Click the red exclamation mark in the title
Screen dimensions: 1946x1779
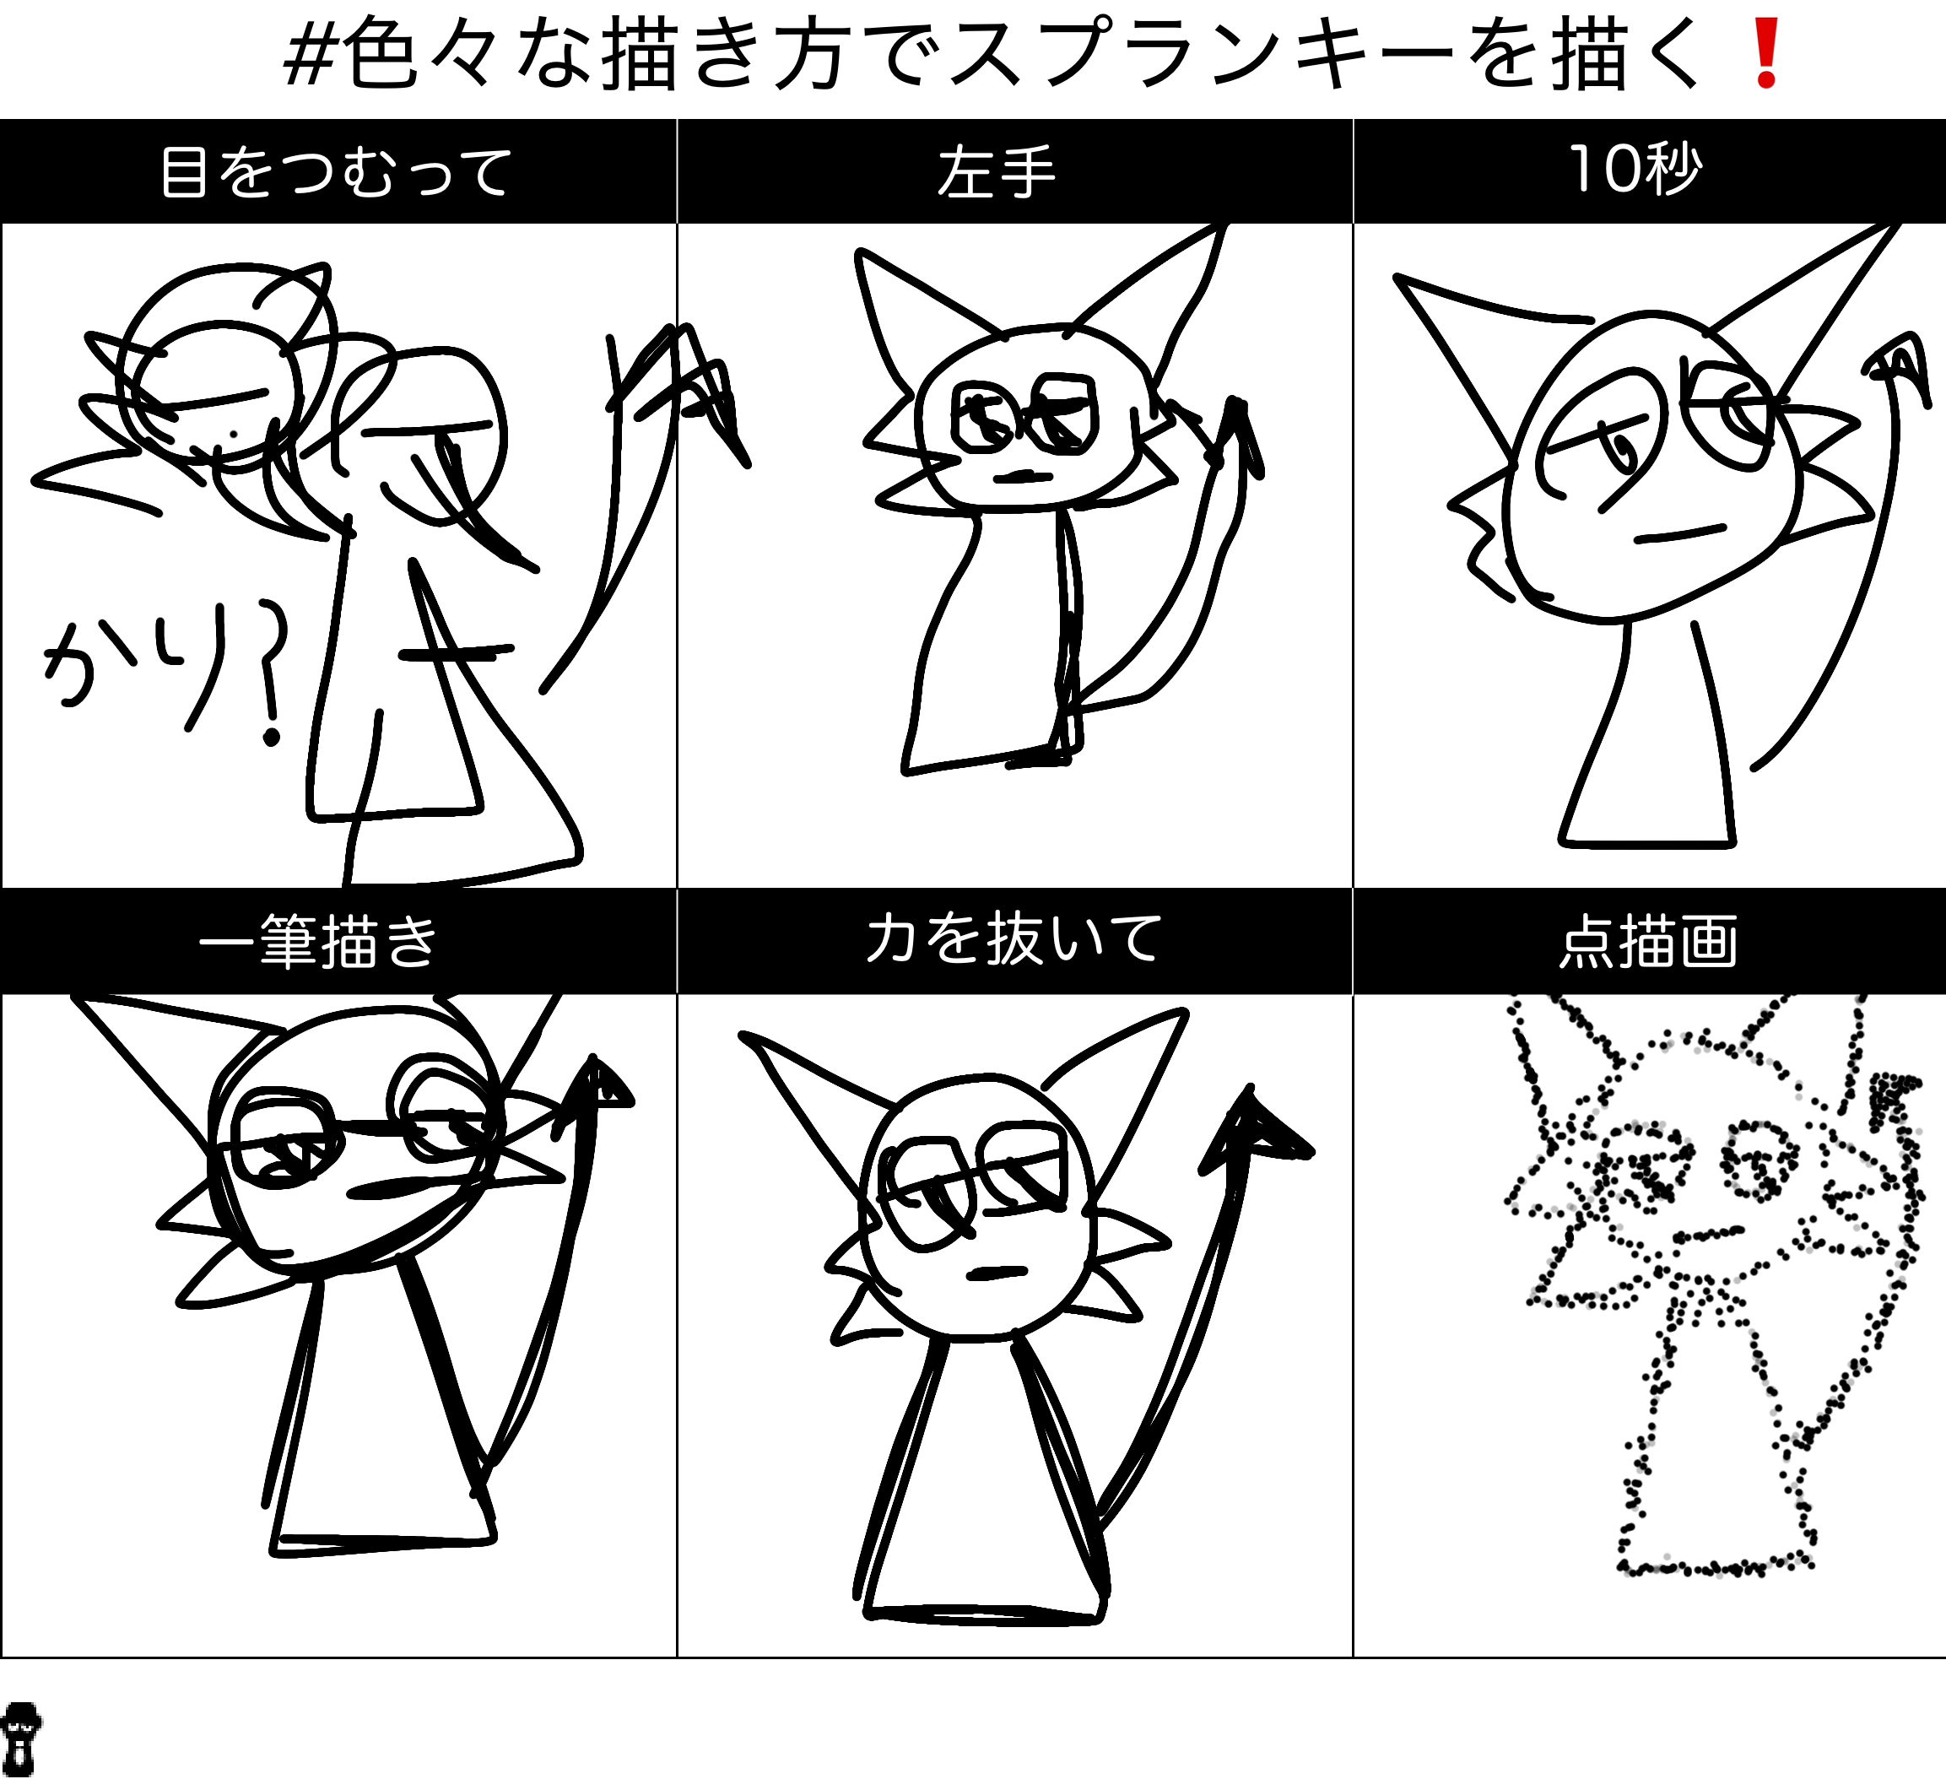click(x=1766, y=54)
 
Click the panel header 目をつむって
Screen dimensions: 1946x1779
click(x=336, y=172)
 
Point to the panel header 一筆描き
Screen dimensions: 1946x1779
click(x=318, y=941)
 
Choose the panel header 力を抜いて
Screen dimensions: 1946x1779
click(x=1014, y=939)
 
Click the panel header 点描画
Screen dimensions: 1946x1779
click(x=1650, y=941)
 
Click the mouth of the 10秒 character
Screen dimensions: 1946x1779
click(x=1680, y=534)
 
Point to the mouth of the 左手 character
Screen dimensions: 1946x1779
click(x=1023, y=476)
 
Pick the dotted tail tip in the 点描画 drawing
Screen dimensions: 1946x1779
click(x=1890, y=1095)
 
